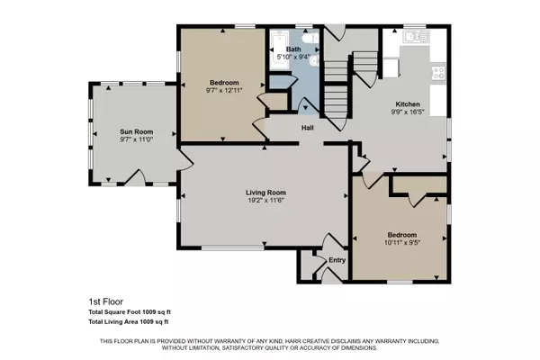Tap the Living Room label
(265, 192)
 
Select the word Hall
(307, 128)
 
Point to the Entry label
(337, 260)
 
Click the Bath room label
(293, 49)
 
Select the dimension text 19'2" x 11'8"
(265, 202)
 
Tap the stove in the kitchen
(438, 76)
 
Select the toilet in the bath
(306, 40)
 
